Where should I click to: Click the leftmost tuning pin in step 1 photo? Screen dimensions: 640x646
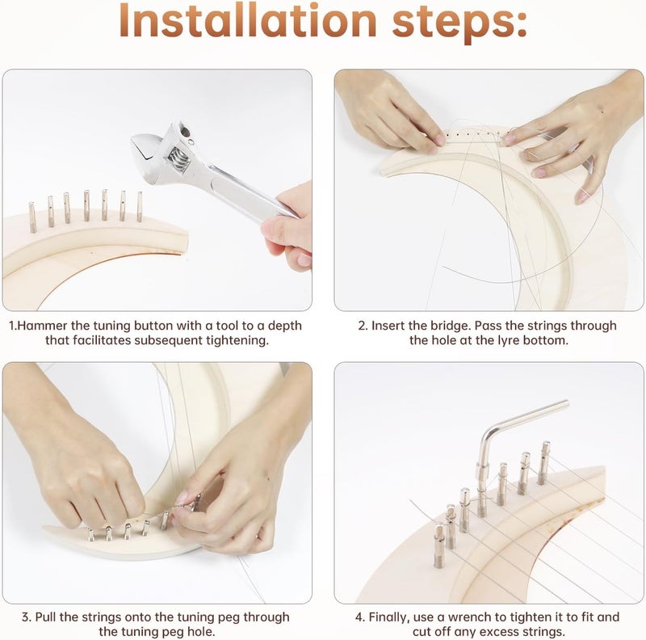[x=32, y=217]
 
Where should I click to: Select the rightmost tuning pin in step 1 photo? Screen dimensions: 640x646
[x=140, y=206]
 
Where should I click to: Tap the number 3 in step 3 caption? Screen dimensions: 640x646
[x=26, y=617]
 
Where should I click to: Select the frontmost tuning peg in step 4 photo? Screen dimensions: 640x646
[x=439, y=545]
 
